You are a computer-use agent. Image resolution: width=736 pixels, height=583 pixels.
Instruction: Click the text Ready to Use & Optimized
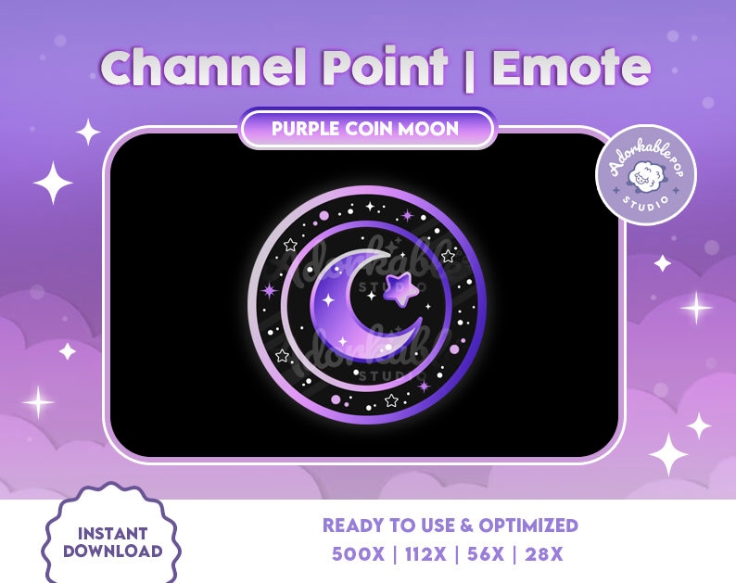tap(450, 526)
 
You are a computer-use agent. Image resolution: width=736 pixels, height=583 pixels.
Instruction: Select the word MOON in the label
tap(432, 129)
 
